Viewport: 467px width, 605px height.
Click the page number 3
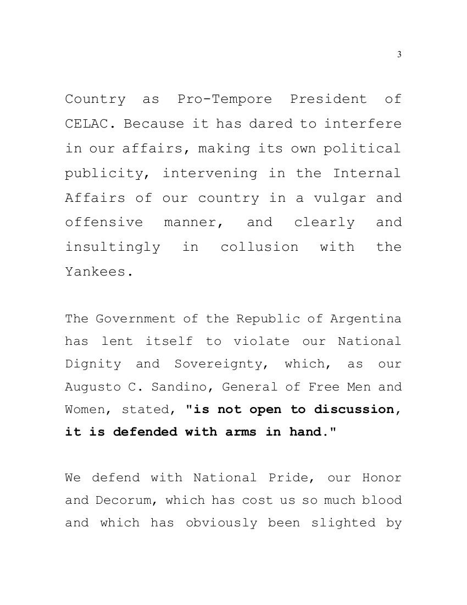[399, 54]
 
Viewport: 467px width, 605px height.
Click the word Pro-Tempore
[225, 100]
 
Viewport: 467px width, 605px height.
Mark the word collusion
[259, 248]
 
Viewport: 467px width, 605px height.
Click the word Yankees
[99, 272]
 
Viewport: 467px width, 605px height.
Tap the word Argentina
[366, 319]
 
